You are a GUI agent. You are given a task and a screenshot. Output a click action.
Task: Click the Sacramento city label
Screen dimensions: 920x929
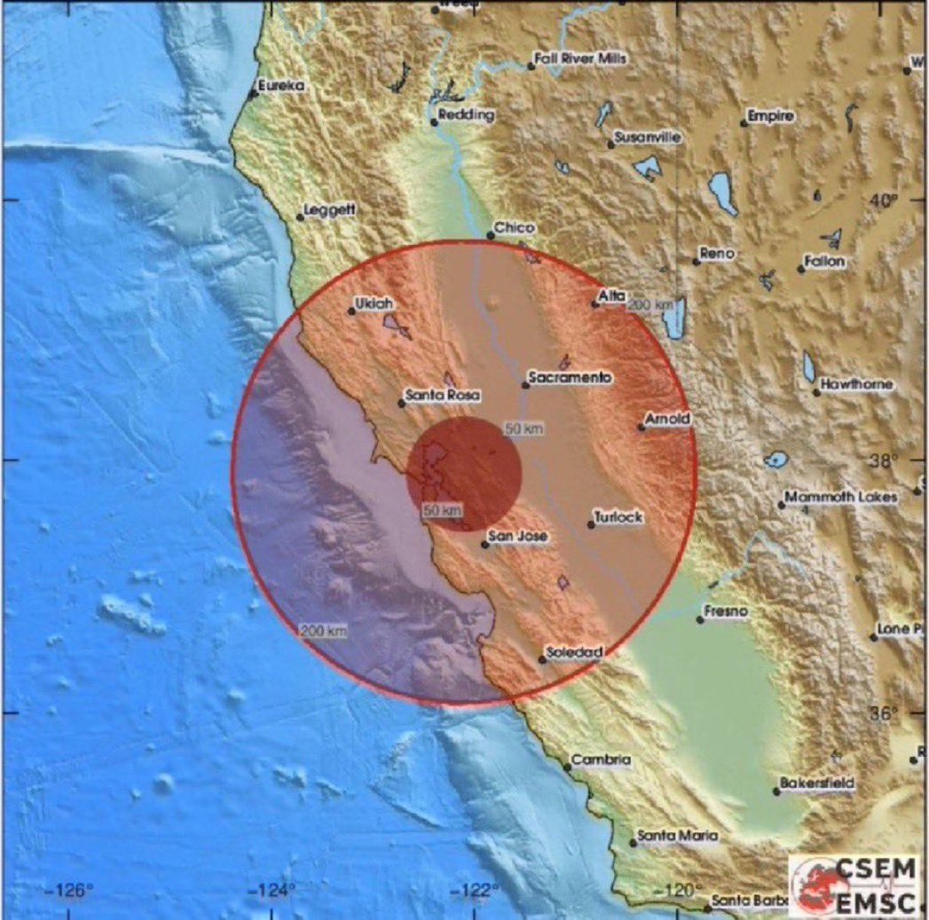coord(571,378)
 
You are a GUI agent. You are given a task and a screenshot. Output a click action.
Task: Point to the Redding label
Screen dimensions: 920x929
coord(468,115)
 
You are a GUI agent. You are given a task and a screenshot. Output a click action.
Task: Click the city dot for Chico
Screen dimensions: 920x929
coord(491,235)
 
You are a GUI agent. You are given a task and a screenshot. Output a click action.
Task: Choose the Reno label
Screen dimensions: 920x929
coord(717,254)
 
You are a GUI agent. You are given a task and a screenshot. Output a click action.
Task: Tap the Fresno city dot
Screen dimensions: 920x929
coord(700,619)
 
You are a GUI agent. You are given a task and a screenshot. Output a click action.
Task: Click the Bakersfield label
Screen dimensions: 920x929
coord(817,783)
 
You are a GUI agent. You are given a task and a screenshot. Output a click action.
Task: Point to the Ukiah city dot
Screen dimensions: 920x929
coord(351,311)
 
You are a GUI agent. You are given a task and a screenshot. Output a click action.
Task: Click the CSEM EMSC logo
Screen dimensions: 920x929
coord(856,885)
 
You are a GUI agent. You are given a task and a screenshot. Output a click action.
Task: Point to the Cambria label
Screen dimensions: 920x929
coord(602,760)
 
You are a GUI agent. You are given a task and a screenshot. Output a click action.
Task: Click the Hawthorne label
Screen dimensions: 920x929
coord(857,385)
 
